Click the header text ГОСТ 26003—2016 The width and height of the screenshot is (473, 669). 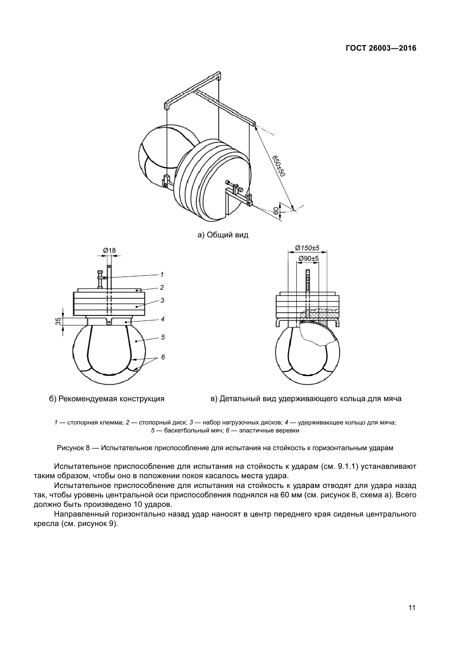tap(381, 48)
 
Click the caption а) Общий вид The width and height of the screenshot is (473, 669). tap(223, 235)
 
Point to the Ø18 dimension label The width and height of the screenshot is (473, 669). tap(109, 250)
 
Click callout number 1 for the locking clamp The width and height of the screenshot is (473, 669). tap(162, 274)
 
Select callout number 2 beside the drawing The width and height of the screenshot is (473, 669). tap(162, 287)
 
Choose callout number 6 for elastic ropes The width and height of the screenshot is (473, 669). tap(163, 357)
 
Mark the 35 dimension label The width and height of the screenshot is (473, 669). tap(59, 321)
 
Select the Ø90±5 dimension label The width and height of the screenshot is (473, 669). tap(309, 259)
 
